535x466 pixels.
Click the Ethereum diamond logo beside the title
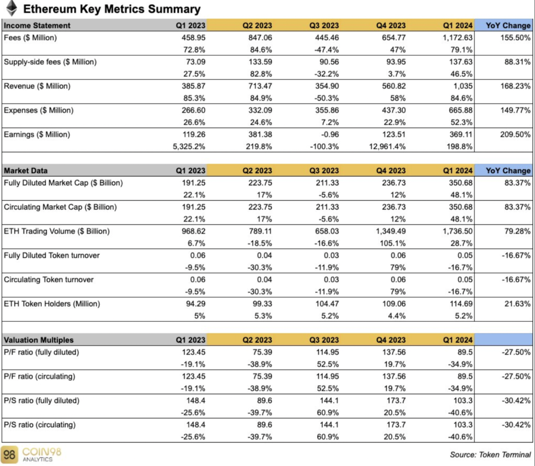click(x=11, y=8)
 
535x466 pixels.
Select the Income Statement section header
click(x=37, y=26)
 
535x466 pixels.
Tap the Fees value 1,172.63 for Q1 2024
click(x=458, y=38)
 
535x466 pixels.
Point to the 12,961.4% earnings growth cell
click(x=387, y=147)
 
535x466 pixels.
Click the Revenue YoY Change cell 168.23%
click(x=516, y=86)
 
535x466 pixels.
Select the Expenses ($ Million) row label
click(x=39, y=111)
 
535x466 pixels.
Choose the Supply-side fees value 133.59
click(x=260, y=62)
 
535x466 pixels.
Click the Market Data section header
click(x=26, y=171)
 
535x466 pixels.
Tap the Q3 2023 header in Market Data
click(x=324, y=171)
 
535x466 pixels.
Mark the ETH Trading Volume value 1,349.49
click(x=391, y=231)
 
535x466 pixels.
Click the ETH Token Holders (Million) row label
click(x=52, y=304)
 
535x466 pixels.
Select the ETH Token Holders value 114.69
click(x=461, y=304)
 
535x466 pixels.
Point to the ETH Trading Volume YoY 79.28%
click(x=518, y=231)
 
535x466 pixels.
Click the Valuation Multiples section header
click(x=39, y=340)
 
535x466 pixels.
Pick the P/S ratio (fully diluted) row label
click(x=42, y=401)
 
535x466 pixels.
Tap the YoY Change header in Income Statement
click(x=508, y=26)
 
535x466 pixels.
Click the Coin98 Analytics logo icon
click(x=9, y=455)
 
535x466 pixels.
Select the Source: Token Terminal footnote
click(x=490, y=455)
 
